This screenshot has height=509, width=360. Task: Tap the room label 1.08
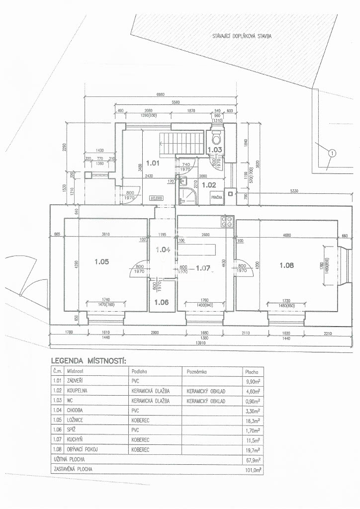coord(286,265)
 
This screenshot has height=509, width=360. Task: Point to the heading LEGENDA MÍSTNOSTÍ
coord(88,360)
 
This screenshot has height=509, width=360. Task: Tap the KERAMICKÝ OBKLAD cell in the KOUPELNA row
coord(206,391)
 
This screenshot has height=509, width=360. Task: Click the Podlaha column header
coord(140,371)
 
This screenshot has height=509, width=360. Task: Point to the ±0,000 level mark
coord(157,197)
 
